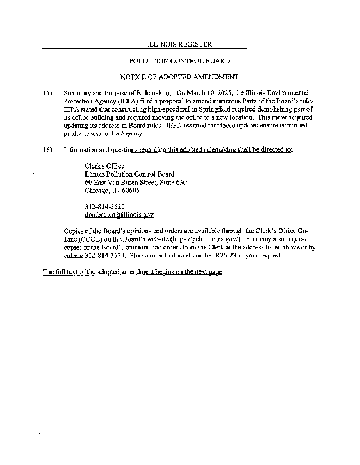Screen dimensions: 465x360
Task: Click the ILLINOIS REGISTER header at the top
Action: pyautogui.click(x=179, y=44)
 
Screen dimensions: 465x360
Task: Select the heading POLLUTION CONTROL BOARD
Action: pyautogui.click(x=179, y=60)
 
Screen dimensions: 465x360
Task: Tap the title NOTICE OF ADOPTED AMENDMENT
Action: pyautogui.click(x=179, y=77)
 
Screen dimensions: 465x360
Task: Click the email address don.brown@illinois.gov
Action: pyautogui.click(x=119, y=214)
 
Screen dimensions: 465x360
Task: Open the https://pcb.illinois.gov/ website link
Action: pyautogui.click(x=205, y=239)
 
